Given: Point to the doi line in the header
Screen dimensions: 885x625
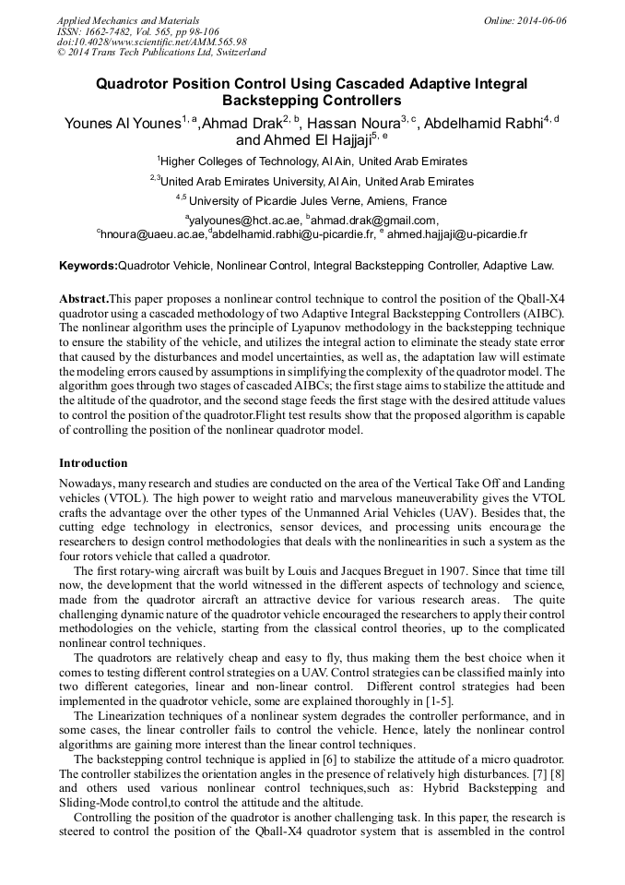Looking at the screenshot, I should point(152,42).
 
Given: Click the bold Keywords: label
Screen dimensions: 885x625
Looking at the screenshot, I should point(88,266).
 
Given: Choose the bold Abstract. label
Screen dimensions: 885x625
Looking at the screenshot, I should point(84,299).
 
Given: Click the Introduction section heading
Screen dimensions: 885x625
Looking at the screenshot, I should point(93,463).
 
